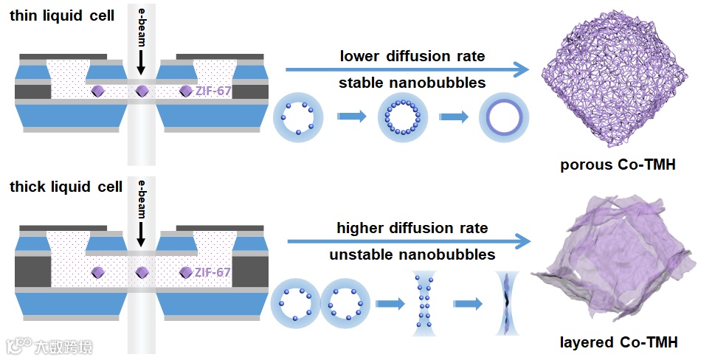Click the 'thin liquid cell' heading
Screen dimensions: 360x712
pos(62,15)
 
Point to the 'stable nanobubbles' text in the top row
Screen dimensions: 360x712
pos(412,83)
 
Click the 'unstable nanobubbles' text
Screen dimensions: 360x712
pos(412,255)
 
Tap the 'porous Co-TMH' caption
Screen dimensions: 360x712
pos(618,165)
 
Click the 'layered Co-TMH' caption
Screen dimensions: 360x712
pos(618,342)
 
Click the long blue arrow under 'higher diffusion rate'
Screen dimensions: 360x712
pos(407,241)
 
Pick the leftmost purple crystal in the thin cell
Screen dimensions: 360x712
pos(98,91)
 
